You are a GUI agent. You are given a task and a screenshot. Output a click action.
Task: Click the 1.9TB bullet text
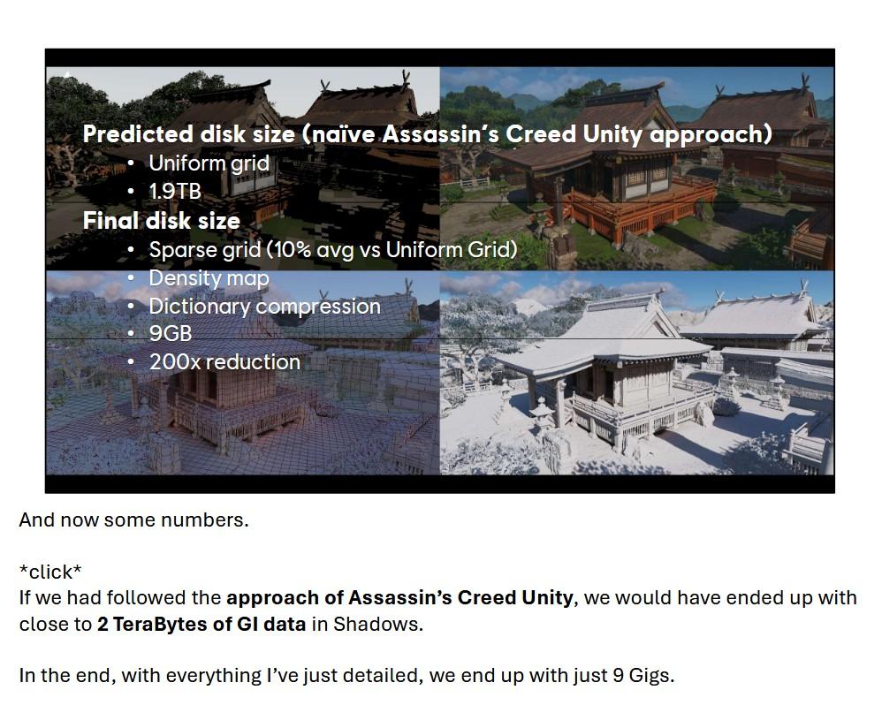[x=175, y=191]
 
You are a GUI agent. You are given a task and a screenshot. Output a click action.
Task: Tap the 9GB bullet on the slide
[x=170, y=334]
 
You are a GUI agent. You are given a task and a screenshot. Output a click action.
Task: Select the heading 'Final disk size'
[x=161, y=220]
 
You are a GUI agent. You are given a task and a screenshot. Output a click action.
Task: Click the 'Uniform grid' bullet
[x=209, y=163]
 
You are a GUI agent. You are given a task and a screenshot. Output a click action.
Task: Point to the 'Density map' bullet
[x=209, y=278]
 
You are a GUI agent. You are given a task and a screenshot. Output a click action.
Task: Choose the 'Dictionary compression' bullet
[x=264, y=307]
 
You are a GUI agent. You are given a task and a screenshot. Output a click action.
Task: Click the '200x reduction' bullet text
[x=224, y=362]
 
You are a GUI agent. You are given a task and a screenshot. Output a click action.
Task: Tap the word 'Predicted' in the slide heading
[x=138, y=134]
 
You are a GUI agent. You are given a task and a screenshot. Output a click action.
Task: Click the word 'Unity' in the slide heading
[x=613, y=134]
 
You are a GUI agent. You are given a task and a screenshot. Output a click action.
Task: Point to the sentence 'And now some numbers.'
[x=133, y=520]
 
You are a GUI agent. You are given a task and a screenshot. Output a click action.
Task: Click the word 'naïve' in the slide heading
[x=346, y=134]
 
